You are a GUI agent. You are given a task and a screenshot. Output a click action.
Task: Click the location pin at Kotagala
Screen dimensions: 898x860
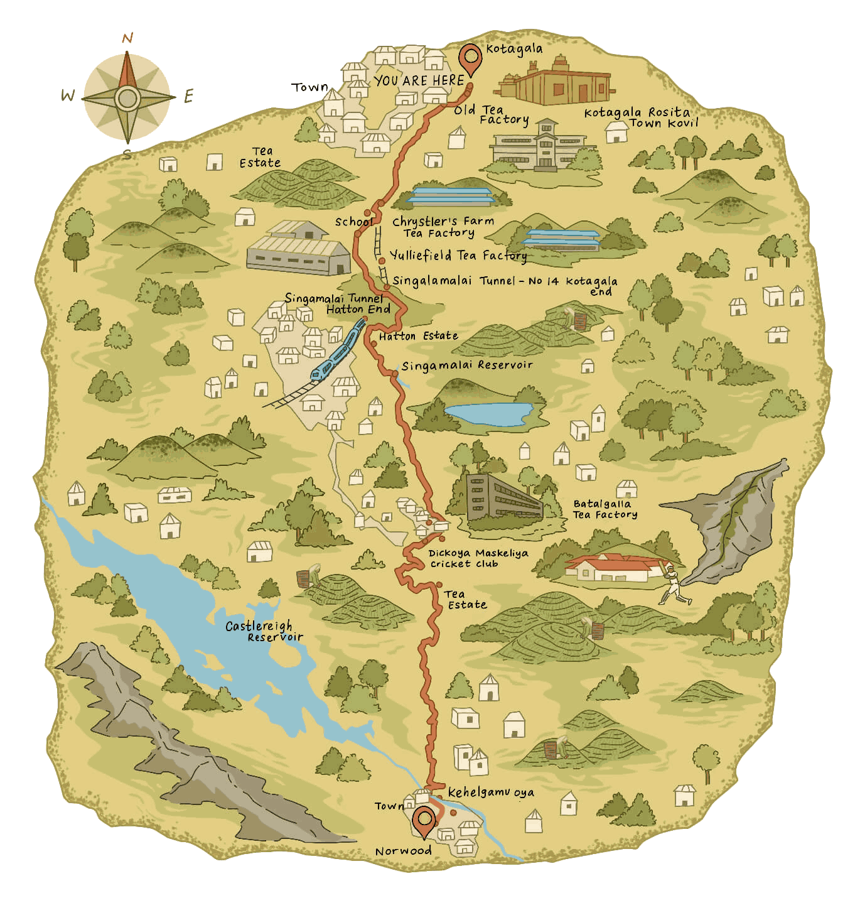pyautogui.click(x=470, y=58)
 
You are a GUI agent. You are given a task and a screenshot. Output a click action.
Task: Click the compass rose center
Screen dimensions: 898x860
pyautogui.click(x=127, y=98)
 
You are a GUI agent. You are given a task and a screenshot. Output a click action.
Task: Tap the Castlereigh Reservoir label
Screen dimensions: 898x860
pyautogui.click(x=263, y=630)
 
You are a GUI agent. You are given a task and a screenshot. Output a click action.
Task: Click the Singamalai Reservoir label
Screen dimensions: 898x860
pyautogui.click(x=467, y=365)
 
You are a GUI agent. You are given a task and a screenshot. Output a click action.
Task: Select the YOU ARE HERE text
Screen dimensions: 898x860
pyautogui.click(x=419, y=80)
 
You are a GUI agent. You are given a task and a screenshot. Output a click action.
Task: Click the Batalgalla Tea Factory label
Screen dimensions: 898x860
pyautogui.click(x=605, y=509)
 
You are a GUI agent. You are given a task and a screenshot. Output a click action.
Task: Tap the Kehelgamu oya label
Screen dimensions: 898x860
pyautogui.click(x=491, y=792)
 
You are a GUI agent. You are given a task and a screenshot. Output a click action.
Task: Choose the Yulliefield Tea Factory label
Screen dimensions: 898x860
pyautogui.click(x=458, y=256)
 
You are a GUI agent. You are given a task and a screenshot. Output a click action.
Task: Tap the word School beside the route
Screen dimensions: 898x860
pyautogui.click(x=353, y=222)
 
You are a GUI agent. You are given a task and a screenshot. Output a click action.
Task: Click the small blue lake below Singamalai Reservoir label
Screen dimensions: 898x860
pyautogui.click(x=487, y=414)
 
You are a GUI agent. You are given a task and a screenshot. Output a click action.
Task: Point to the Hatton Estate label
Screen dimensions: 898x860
pyautogui.click(x=418, y=336)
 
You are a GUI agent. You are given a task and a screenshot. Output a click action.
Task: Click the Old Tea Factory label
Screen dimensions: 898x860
pyautogui.click(x=492, y=115)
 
